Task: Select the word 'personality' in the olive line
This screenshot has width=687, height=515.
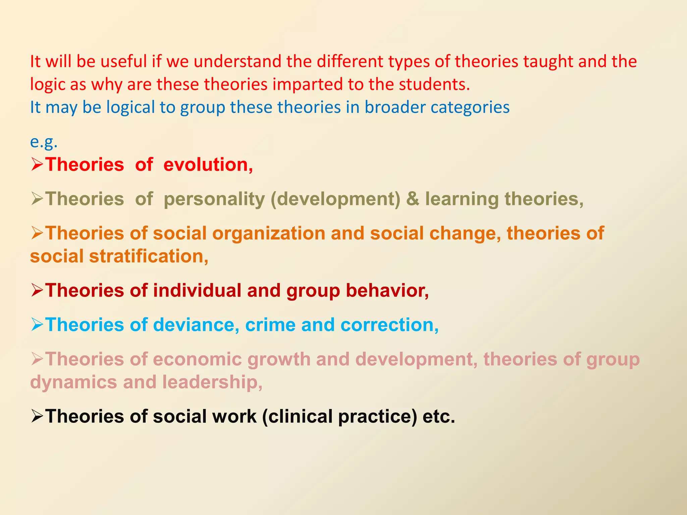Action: click(x=214, y=199)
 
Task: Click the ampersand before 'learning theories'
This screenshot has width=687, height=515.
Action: click(x=412, y=199)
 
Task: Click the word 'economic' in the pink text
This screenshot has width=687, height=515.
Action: click(x=197, y=359)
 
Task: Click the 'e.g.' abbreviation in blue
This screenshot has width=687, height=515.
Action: click(x=44, y=142)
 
